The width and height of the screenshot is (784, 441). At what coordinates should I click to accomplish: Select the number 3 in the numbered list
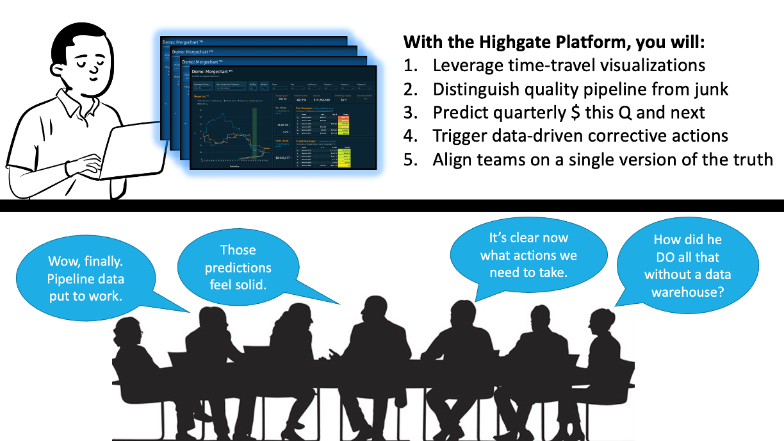tap(409, 112)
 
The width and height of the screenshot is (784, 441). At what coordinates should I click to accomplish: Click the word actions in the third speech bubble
tap(551, 255)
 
